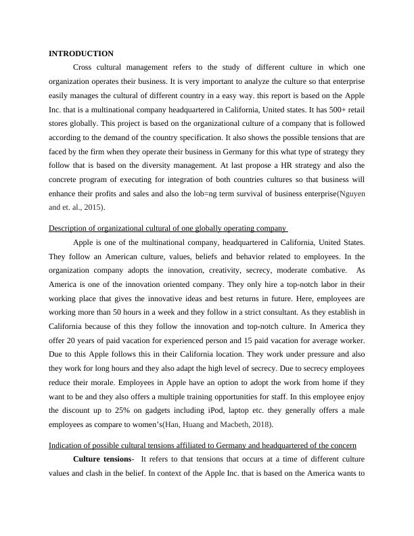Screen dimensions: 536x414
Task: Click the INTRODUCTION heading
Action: pos(81,53)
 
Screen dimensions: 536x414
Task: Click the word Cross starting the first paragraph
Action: pos(83,68)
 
